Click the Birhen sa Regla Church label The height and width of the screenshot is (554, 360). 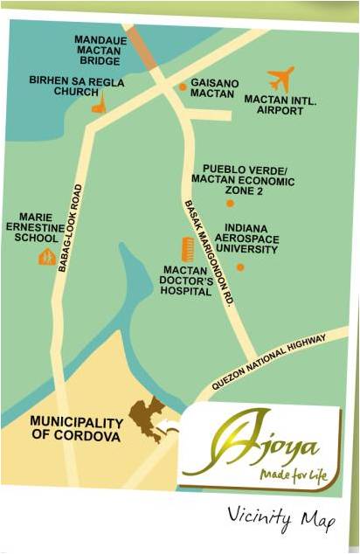click(x=89, y=87)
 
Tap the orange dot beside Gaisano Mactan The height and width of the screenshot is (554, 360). click(x=183, y=87)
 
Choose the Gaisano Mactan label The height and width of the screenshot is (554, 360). click(x=214, y=87)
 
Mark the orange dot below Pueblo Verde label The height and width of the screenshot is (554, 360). click(x=230, y=203)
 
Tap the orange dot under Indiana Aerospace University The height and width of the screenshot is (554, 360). click(x=240, y=267)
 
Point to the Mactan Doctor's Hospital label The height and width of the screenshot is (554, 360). click(x=185, y=280)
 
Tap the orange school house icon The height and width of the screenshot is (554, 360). click(x=46, y=256)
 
